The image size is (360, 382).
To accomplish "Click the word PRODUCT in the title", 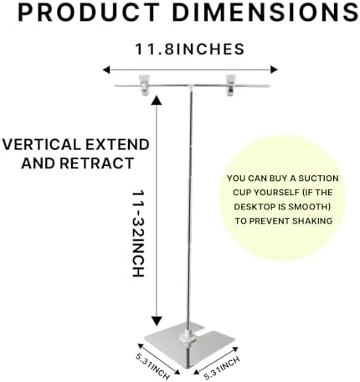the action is tap(88, 13).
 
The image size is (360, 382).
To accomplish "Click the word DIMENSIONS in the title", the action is tap(265, 13).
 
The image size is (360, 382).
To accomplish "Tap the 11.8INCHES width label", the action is tap(190, 49).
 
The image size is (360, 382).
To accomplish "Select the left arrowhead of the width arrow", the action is tap(106, 70).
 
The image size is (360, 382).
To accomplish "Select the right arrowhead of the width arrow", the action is tap(274, 70).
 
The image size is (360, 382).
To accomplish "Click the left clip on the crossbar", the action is tap(144, 85).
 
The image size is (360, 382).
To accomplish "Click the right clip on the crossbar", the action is tap(231, 85).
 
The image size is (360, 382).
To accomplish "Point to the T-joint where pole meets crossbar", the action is tap(191, 86).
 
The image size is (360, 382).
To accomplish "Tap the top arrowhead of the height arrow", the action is tap(157, 100).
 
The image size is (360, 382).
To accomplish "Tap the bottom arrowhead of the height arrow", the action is tap(157, 321).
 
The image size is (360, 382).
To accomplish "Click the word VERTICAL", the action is tap(42, 145).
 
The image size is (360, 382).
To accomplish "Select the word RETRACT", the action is tap(97, 163).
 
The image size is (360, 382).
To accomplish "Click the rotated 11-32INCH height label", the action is tap(138, 234).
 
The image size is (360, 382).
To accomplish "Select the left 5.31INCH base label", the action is tap(152, 366).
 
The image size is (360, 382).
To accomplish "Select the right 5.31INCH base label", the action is tap(222, 368).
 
